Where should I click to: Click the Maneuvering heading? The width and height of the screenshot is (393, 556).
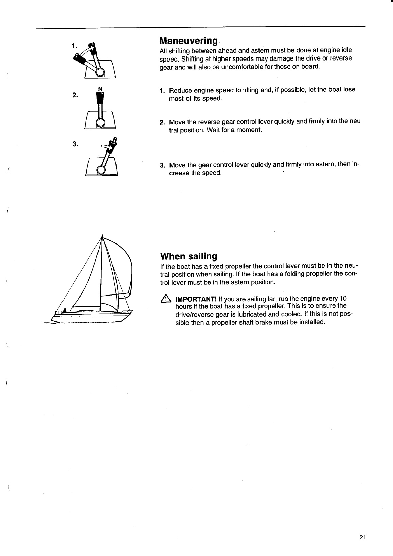click(x=189, y=41)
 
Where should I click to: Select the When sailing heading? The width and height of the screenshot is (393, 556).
click(x=189, y=256)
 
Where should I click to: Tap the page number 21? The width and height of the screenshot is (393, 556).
click(x=362, y=537)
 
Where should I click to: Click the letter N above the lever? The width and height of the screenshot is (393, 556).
click(x=100, y=89)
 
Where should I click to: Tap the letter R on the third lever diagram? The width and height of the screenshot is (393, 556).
click(x=115, y=139)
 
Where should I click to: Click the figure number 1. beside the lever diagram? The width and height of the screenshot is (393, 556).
click(x=75, y=45)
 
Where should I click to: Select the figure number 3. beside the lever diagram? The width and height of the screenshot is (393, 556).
click(x=75, y=144)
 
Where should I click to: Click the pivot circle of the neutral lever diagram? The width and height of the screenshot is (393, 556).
click(x=100, y=123)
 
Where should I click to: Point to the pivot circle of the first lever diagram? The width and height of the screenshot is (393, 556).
click(x=100, y=72)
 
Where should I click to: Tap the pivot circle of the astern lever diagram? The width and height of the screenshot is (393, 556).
click(x=101, y=170)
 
